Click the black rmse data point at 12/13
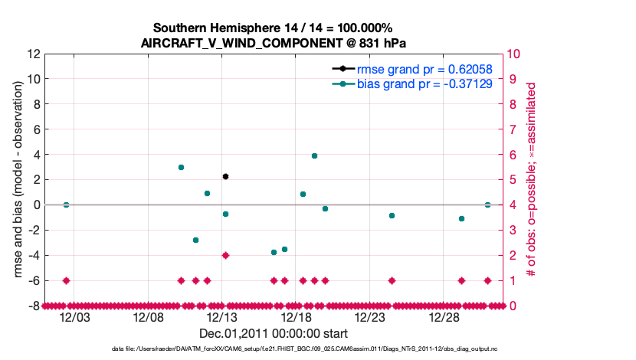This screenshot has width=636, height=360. pyautogui.click(x=225, y=176)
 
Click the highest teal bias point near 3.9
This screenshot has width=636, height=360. pyautogui.click(x=314, y=155)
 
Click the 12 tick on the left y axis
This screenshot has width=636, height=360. pyautogui.click(x=34, y=54)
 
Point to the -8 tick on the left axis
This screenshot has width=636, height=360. pyautogui.click(x=34, y=306)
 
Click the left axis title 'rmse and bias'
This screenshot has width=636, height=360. pyautogui.click(x=15, y=180)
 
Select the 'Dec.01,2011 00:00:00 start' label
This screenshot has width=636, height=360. pyautogui.click(x=274, y=333)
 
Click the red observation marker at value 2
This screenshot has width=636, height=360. pyautogui.click(x=225, y=255)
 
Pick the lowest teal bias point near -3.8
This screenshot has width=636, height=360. pyautogui.click(x=274, y=252)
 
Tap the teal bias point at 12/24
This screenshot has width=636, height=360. pyautogui.click(x=392, y=215)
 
